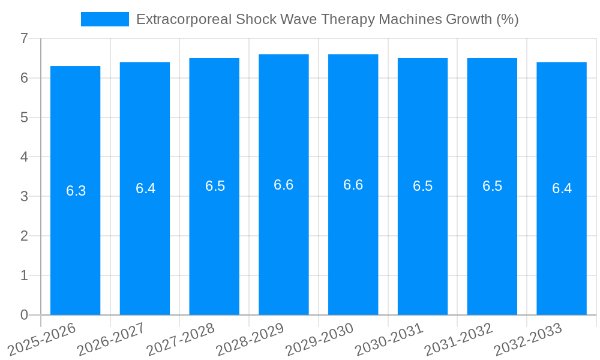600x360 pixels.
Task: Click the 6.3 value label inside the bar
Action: pyautogui.click(x=76, y=191)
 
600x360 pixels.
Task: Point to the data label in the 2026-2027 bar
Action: pyautogui.click(x=145, y=188)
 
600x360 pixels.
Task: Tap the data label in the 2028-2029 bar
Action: pyautogui.click(x=284, y=185)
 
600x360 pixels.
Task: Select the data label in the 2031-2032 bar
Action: pyautogui.click(x=492, y=186)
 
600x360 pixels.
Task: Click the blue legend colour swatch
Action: pyautogui.click(x=105, y=19)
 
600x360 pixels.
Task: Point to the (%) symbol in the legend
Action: pyautogui.click(x=506, y=19)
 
